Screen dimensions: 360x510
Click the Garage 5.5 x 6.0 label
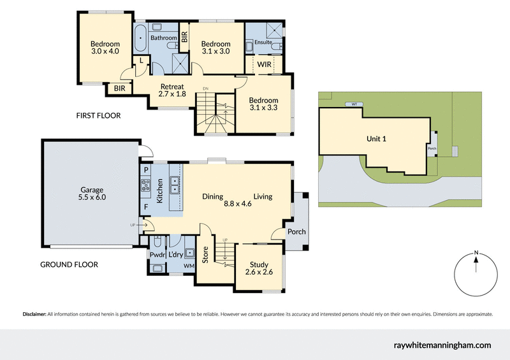92,194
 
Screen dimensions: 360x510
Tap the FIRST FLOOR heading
98,116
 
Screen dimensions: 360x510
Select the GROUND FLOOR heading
69,264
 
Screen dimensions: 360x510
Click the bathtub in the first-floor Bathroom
141,38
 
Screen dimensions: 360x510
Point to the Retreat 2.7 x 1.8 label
171,90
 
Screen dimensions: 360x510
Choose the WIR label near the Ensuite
263,65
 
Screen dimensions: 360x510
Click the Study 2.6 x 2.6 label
259,269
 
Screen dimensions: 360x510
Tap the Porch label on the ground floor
296,232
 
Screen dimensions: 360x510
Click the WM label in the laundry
189,264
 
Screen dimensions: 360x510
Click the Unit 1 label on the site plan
376,139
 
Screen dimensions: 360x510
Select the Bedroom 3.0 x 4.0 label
105,48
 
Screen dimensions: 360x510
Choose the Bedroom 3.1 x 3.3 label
263,104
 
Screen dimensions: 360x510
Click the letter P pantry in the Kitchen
146,170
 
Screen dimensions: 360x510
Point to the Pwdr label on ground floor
157,256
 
